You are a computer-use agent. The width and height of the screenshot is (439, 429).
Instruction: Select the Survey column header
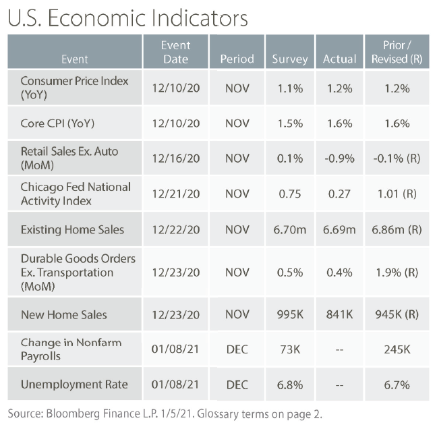point(289,59)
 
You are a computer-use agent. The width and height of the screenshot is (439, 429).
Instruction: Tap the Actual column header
point(339,59)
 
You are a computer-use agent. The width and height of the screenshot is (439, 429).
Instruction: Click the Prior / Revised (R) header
point(397,52)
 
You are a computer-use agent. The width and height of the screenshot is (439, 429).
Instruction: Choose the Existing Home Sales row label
point(72,229)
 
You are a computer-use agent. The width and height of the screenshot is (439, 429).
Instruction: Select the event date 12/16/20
point(175,158)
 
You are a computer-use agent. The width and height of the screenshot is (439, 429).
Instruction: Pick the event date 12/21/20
point(175,194)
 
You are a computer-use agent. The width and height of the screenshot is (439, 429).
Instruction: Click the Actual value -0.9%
point(339,158)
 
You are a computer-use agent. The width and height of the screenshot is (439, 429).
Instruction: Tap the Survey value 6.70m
point(289,229)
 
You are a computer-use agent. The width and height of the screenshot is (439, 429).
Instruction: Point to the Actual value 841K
point(339,314)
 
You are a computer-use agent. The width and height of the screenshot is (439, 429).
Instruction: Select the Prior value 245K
point(397,349)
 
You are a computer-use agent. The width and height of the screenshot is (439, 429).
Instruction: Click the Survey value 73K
point(289,349)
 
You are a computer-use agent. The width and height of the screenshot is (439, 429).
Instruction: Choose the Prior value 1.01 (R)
point(397,194)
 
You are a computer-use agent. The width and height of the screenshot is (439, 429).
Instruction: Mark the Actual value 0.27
point(339,194)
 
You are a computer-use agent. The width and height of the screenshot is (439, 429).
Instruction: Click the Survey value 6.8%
point(289,384)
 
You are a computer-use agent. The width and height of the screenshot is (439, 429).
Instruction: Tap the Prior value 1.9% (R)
point(397,271)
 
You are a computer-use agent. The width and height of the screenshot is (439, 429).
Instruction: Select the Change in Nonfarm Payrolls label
point(71,349)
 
